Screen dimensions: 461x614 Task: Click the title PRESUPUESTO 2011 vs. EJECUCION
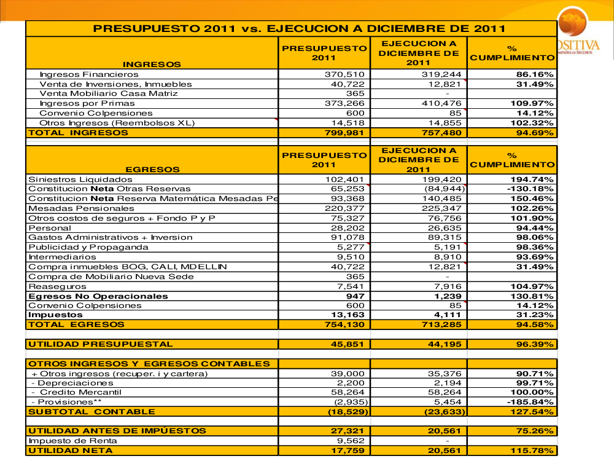coord(299,28)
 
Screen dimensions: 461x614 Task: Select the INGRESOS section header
coord(152,64)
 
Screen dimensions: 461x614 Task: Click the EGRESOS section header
coord(152,169)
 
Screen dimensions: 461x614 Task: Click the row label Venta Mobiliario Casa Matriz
coord(109,93)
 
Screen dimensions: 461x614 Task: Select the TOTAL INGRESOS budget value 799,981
coord(344,133)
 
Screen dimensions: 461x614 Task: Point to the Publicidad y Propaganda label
coord(88,247)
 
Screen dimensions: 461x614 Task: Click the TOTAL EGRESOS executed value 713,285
coord(442,325)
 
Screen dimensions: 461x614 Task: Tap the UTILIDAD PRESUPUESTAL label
coord(101,344)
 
